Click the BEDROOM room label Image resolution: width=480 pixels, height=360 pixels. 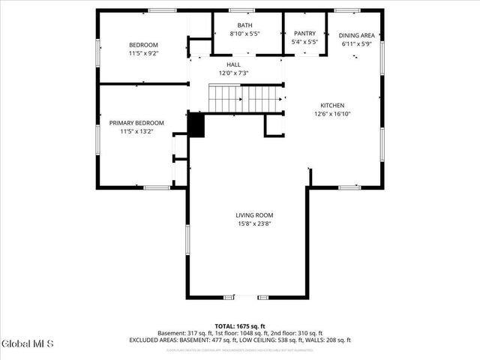click(x=144, y=45)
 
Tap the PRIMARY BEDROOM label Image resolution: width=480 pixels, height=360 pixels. click(x=136, y=123)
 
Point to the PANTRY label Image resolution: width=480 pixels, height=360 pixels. click(x=304, y=33)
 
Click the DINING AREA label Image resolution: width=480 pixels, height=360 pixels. click(x=357, y=35)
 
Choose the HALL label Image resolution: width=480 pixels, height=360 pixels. click(x=233, y=64)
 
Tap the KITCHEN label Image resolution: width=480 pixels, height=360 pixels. click(x=332, y=105)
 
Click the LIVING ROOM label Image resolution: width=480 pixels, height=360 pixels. click(x=254, y=214)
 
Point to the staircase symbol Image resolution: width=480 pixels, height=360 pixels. click(x=245, y=98)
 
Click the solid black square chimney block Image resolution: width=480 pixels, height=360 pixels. click(x=196, y=125)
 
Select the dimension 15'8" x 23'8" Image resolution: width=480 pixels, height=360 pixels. click(x=254, y=223)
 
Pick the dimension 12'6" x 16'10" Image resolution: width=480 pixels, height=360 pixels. click(x=332, y=114)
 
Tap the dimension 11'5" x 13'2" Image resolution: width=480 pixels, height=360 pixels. click(x=136, y=132)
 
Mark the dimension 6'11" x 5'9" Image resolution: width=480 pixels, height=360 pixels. click(x=357, y=44)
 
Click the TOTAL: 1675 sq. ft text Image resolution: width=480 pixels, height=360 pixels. click(x=240, y=325)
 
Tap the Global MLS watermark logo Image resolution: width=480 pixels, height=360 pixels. click(x=28, y=344)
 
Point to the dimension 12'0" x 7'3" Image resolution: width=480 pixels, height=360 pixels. click(x=233, y=73)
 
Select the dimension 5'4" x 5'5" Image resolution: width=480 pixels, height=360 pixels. click(x=304, y=42)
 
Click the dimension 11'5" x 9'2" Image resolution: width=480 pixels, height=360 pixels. click(x=144, y=54)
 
